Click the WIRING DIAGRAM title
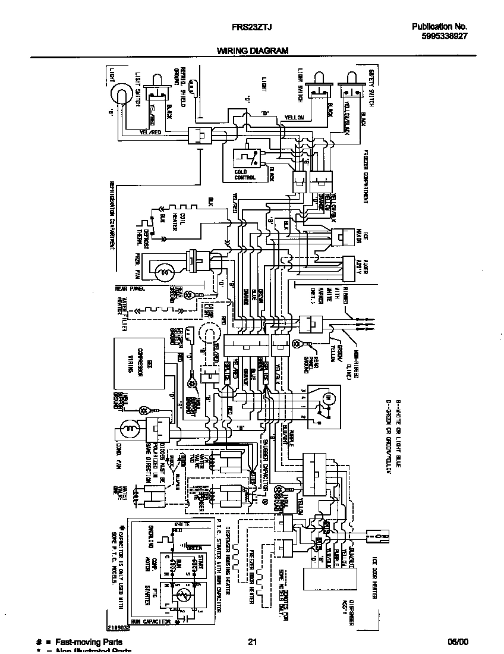252,51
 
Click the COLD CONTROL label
245,174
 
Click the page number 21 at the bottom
252,642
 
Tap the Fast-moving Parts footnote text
89,642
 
